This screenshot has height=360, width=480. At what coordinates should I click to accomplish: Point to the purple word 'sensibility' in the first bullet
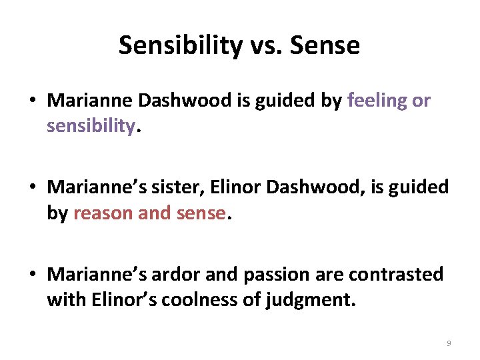91,126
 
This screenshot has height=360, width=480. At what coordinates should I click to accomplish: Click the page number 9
448,343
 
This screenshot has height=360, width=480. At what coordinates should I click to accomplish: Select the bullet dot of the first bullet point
32,101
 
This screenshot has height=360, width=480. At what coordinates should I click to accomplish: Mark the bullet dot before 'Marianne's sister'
32,188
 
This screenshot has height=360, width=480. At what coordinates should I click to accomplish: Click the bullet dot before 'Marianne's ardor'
32,275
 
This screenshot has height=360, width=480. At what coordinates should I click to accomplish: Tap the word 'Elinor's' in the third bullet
119,299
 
